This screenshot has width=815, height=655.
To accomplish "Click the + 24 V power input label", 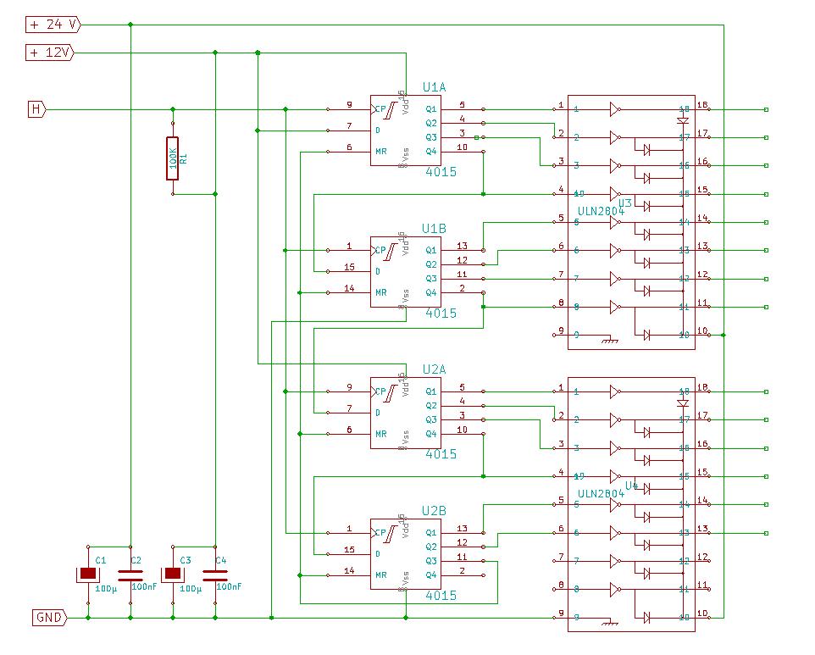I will tap(52, 25).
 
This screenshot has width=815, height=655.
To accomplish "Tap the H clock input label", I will tap(36, 109).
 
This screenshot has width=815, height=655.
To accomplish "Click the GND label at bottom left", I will tap(48, 618).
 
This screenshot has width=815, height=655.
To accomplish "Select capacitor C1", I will tap(88, 574).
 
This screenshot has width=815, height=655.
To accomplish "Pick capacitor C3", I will tap(173, 574).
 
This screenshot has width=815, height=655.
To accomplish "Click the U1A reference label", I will tap(434, 87).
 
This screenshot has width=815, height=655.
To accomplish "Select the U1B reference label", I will tap(434, 229).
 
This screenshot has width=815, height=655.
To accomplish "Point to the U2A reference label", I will tap(434, 369).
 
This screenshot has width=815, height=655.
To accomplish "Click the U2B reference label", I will tap(434, 511).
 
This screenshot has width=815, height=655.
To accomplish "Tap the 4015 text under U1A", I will tap(441, 172).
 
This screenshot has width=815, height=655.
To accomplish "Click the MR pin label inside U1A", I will tap(381, 151).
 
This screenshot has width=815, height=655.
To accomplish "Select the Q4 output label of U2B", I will tap(432, 575).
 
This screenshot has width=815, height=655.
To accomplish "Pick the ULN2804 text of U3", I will tap(601, 211).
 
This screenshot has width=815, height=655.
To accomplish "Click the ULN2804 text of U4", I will tap(601, 493).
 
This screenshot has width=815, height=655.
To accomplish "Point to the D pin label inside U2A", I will tap(378, 413).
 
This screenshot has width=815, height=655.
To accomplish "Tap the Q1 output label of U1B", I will tap(432, 250).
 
